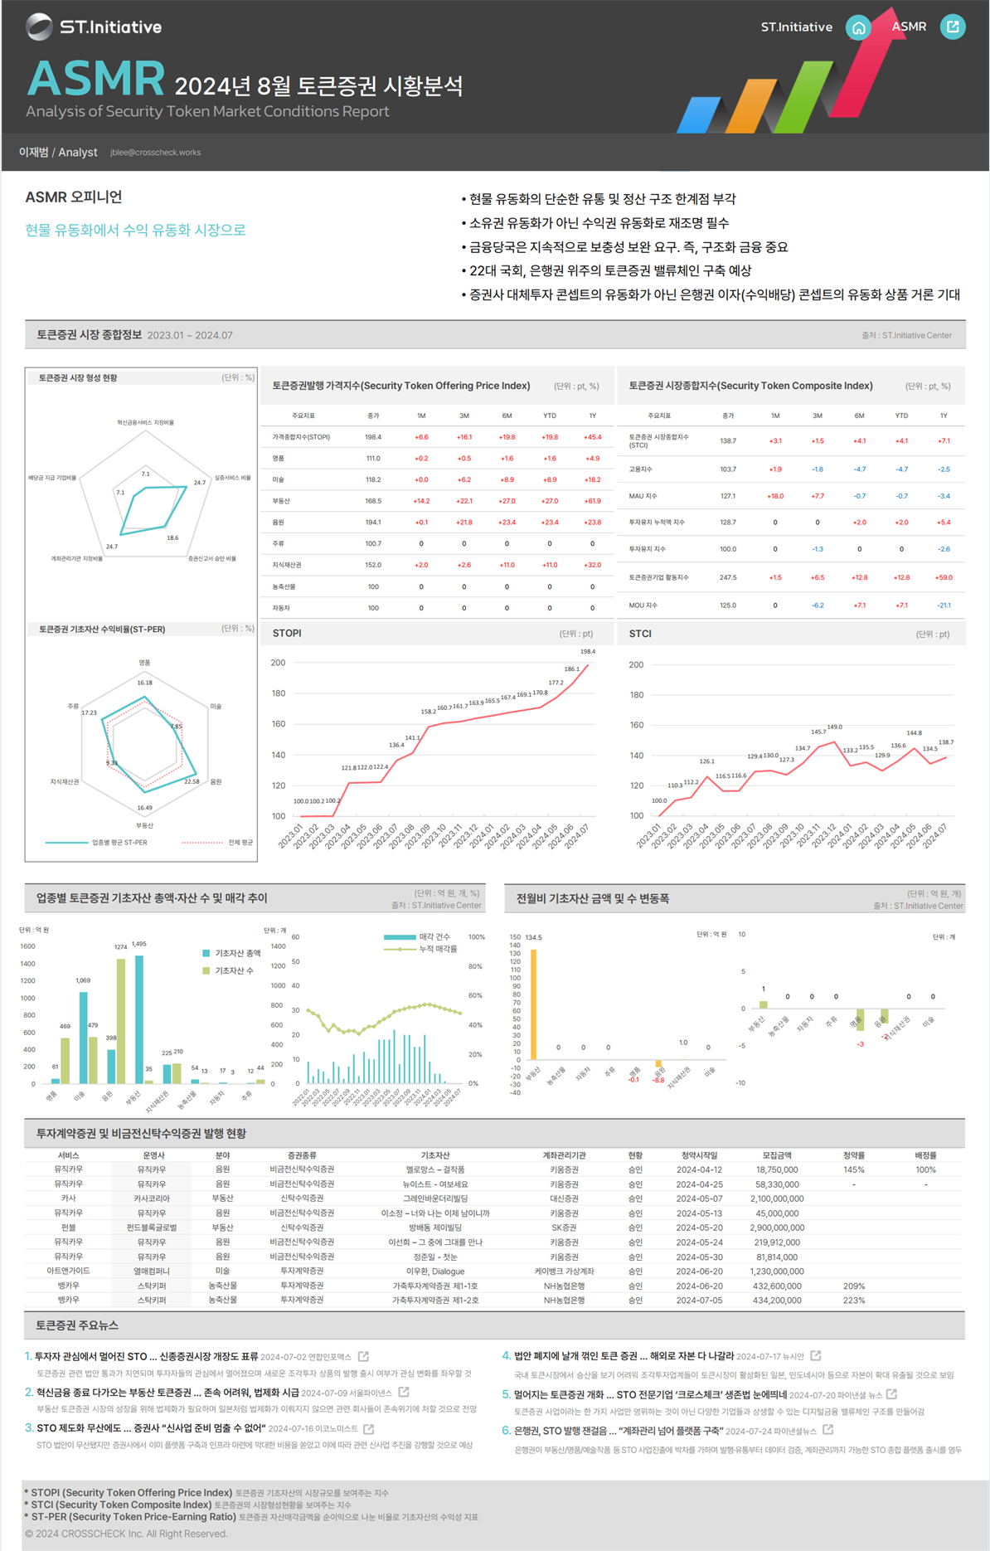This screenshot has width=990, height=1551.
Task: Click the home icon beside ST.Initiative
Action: click(858, 27)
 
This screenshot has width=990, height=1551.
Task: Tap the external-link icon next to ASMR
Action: click(953, 27)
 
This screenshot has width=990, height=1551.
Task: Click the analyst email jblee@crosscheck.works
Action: click(155, 153)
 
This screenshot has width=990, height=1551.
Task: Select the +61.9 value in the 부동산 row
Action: click(592, 501)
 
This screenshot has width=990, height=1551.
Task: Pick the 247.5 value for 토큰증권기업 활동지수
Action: click(728, 577)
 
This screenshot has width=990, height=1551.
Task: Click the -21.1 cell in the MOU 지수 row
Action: click(944, 605)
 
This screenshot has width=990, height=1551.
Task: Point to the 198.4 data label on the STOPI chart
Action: click(587, 652)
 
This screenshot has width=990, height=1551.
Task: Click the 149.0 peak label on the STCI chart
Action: click(834, 727)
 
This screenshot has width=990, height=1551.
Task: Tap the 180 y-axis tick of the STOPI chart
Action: click(278, 693)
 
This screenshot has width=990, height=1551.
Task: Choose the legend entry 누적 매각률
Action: click(438, 949)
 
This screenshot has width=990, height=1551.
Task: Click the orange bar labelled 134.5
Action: click(534, 1004)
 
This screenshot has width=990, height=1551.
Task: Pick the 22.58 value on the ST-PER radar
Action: click(192, 781)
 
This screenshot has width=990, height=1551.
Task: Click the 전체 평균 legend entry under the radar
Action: click(240, 843)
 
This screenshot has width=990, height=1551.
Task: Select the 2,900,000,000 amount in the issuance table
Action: click(776, 1228)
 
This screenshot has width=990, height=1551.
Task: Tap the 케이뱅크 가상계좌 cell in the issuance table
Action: click(564, 1271)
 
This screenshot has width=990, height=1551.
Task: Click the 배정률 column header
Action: click(925, 1155)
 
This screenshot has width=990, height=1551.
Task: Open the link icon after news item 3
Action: click(369, 1428)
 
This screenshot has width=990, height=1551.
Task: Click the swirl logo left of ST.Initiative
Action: click(39, 27)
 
